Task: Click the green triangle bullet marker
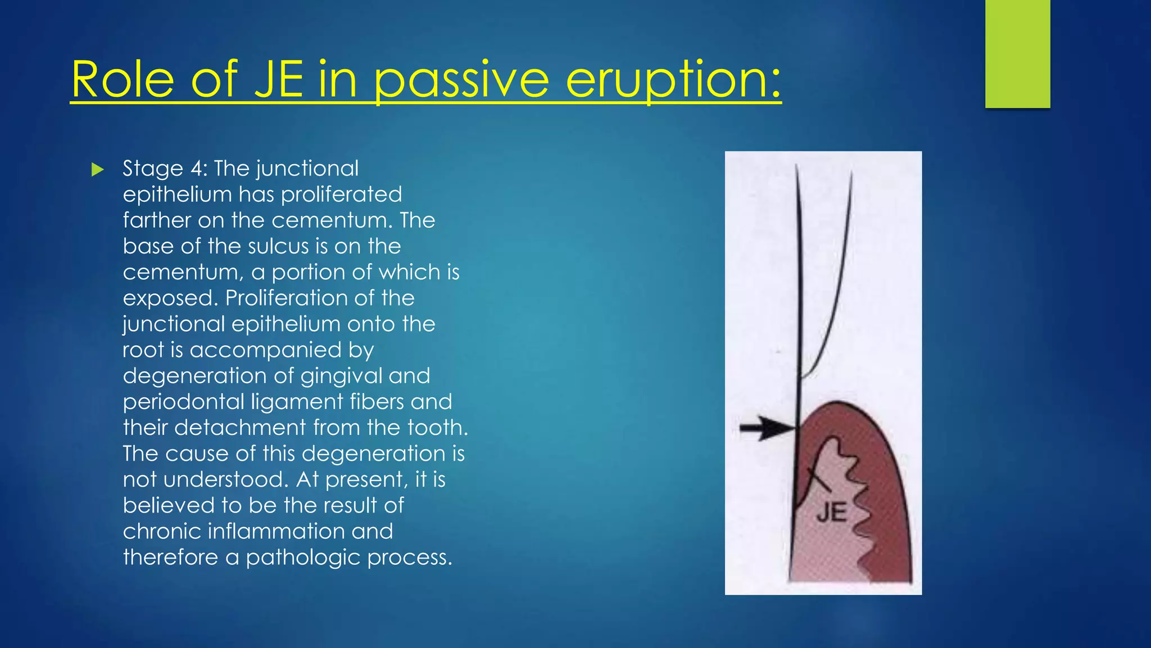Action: tap(98, 169)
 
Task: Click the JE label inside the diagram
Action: tap(831, 512)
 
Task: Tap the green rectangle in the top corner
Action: tap(1017, 53)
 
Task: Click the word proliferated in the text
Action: tap(341, 195)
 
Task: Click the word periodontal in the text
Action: tap(183, 402)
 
